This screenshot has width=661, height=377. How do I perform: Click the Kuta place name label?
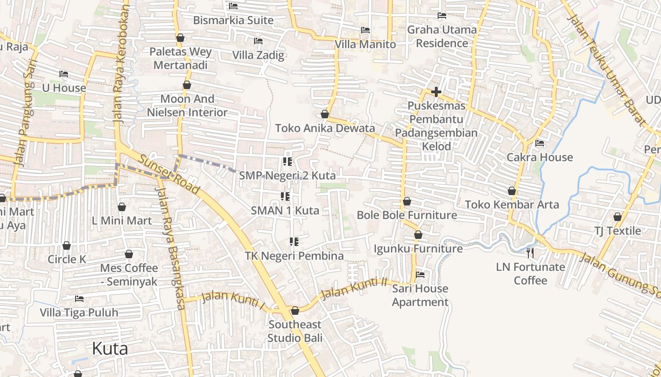(110, 349)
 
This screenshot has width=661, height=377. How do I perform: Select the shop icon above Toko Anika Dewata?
(325, 114)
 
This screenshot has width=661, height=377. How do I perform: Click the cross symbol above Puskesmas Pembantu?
(436, 92)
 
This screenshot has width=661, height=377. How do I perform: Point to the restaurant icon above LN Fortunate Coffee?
(530, 253)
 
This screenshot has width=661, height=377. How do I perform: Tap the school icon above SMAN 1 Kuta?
(285, 196)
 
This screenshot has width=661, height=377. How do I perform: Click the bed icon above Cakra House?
(540, 143)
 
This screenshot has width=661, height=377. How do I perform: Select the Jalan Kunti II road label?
(354, 288)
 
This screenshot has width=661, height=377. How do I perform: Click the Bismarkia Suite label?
(233, 20)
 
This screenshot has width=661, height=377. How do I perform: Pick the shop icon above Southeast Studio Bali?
(295, 311)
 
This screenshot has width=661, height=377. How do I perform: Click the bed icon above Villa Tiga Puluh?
(79, 299)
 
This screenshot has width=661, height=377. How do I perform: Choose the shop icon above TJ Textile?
(618, 217)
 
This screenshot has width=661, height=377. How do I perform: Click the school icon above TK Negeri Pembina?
(294, 242)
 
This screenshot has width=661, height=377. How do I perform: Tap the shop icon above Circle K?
(67, 246)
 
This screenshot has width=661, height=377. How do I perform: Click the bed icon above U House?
(64, 74)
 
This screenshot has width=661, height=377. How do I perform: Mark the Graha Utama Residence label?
(442, 36)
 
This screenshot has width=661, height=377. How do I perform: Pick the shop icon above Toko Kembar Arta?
(512, 191)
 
